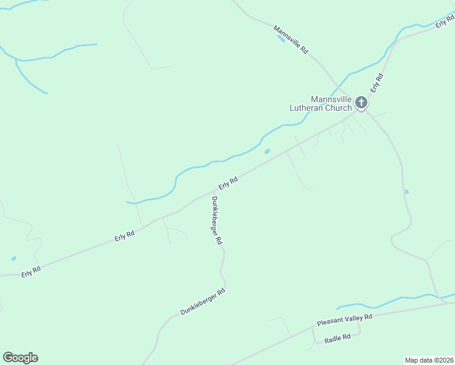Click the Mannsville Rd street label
(291, 41)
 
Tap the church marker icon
(361, 103)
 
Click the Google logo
(20, 358)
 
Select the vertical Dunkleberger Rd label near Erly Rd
(217, 220)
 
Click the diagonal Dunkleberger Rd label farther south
(203, 302)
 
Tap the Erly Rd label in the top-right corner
(445, 23)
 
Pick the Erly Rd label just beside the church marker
(377, 83)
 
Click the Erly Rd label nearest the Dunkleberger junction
(227, 182)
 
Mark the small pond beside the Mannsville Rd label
(280, 38)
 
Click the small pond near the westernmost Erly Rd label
(13, 259)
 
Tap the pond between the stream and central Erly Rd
(267, 151)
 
